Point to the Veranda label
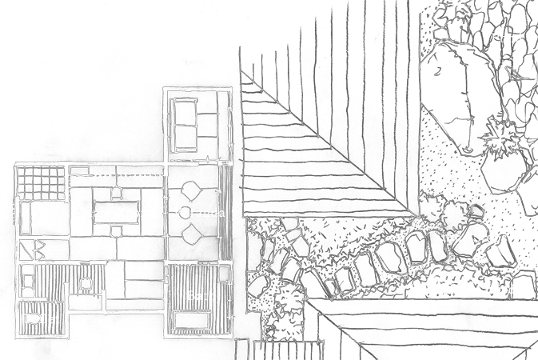click(199, 214)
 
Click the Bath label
click(200, 296)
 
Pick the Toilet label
click(41, 320)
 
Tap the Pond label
click(506, 38)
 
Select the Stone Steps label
click(470, 238)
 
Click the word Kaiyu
click(427, 290)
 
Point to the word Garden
click(508, 290)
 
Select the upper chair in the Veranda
click(193, 190)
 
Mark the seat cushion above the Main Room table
click(117, 191)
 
